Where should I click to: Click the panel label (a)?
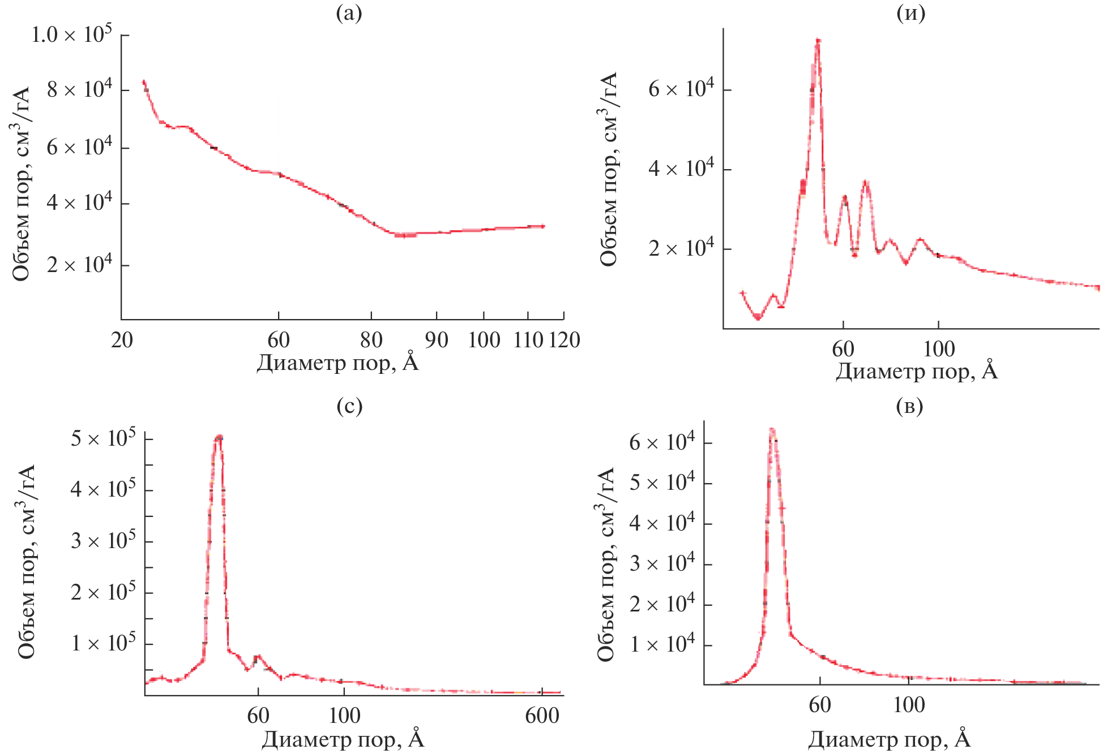tap(349, 12)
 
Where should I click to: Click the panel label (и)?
tap(911, 12)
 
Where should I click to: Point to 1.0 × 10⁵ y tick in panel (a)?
tap(71, 35)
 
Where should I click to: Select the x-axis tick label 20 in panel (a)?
tap(122, 340)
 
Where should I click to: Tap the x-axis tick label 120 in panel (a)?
tap(565, 340)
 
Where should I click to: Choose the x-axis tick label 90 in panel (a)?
tap(437, 340)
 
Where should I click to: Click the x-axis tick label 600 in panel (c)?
tap(542, 716)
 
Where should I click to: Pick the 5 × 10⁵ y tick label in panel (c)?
tap(103, 438)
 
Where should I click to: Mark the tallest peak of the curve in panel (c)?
tap(219, 436)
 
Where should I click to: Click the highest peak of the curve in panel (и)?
tap(818, 40)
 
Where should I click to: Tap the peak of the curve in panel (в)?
tap(772, 429)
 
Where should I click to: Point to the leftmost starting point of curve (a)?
tap(144, 81)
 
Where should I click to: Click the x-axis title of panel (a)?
tap(337, 363)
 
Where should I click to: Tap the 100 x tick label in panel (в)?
tap(909, 705)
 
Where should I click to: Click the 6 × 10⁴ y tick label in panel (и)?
tap(681, 89)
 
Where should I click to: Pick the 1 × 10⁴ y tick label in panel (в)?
tap(662, 644)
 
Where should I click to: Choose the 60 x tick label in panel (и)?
tap(843, 349)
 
